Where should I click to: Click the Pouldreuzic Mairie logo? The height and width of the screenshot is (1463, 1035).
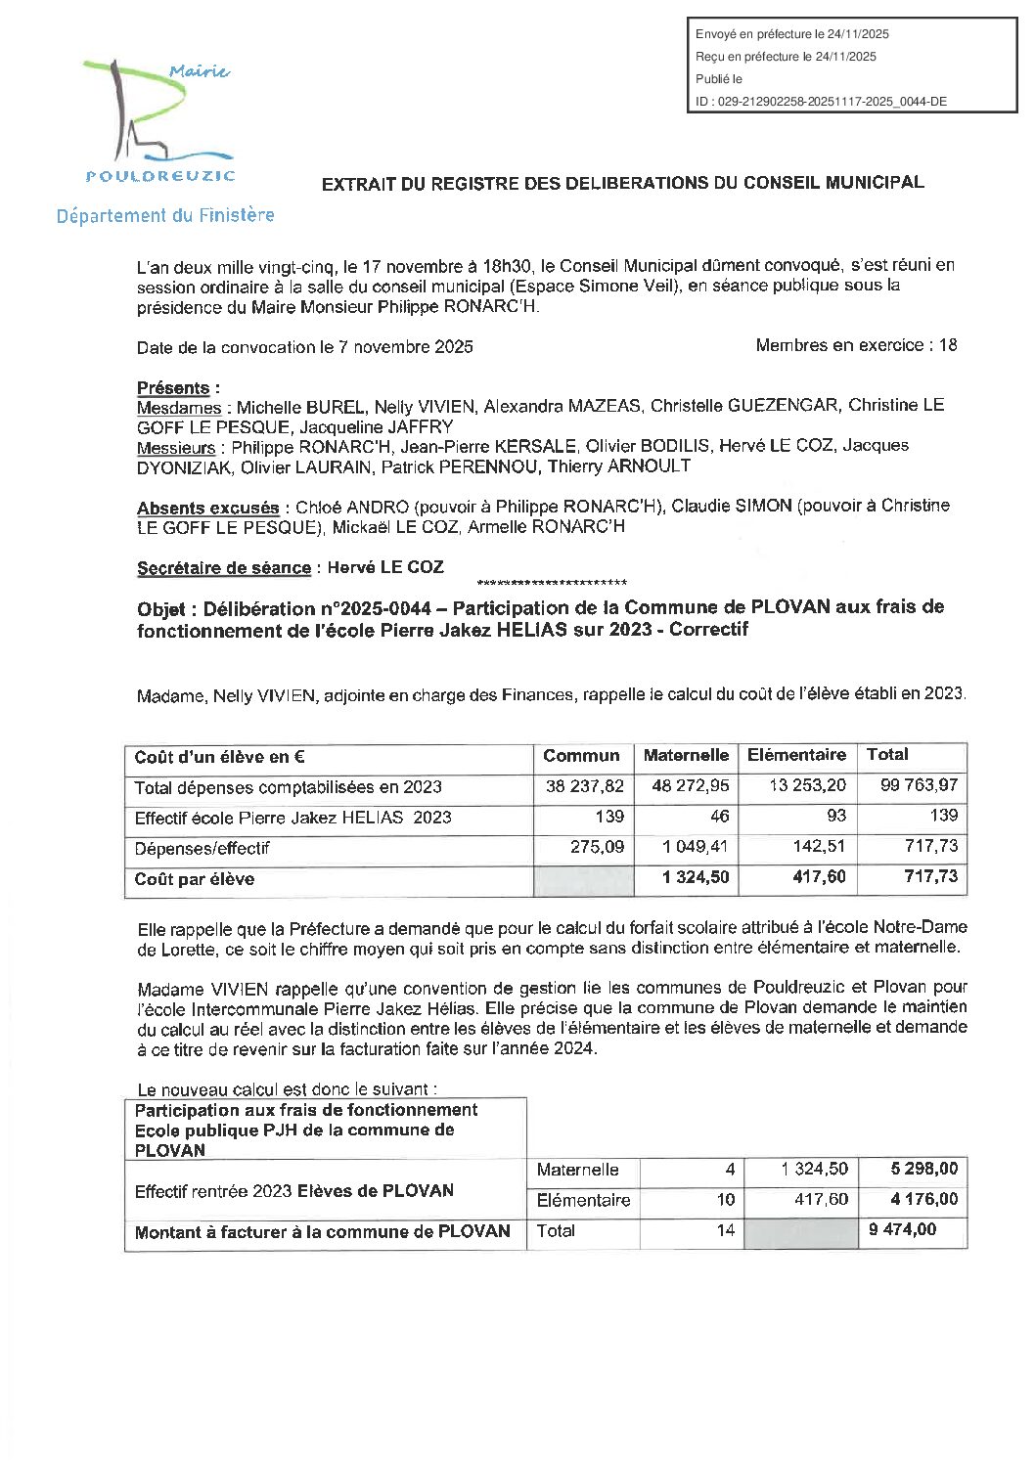(x=159, y=121)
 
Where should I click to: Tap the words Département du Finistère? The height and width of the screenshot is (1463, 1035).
(x=165, y=216)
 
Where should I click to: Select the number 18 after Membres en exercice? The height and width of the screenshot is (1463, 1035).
(x=947, y=345)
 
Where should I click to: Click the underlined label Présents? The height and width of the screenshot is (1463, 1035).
(x=173, y=388)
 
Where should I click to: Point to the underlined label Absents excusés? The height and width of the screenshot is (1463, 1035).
(x=207, y=509)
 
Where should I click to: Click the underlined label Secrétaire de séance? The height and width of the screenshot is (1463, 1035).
(x=224, y=568)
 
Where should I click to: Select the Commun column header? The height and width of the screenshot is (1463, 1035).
(x=581, y=756)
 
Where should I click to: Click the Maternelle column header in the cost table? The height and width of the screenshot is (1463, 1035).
(x=686, y=755)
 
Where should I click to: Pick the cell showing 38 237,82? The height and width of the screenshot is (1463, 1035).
(x=584, y=786)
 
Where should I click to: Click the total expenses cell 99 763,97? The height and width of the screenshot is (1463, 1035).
(x=919, y=785)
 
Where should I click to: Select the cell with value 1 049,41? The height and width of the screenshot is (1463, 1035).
(x=696, y=847)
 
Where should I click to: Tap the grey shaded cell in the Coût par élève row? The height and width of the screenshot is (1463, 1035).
(x=583, y=879)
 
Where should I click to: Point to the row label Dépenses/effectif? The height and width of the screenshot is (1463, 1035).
(x=202, y=849)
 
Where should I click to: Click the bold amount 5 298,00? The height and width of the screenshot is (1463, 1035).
(x=923, y=1169)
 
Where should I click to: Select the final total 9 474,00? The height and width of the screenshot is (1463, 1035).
(x=902, y=1230)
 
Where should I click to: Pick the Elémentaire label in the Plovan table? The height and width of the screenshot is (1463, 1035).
(x=583, y=1200)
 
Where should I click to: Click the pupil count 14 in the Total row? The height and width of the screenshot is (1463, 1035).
(x=725, y=1230)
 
